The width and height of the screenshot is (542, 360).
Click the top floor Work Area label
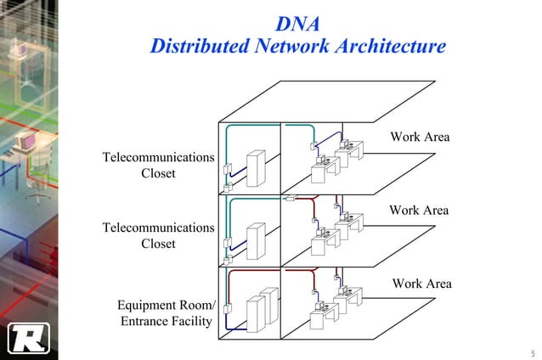pos(420,137)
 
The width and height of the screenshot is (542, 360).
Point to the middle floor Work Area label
pos(419,210)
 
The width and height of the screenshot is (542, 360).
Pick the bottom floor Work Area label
pos(421,284)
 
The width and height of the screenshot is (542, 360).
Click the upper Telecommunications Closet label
pos(158,166)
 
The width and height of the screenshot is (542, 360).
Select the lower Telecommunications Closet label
pos(158,235)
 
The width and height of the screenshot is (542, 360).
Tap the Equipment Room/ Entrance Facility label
pos(167,312)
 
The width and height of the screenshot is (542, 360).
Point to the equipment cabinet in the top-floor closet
pos(255,168)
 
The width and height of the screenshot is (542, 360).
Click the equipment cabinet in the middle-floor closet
pos(255,239)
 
